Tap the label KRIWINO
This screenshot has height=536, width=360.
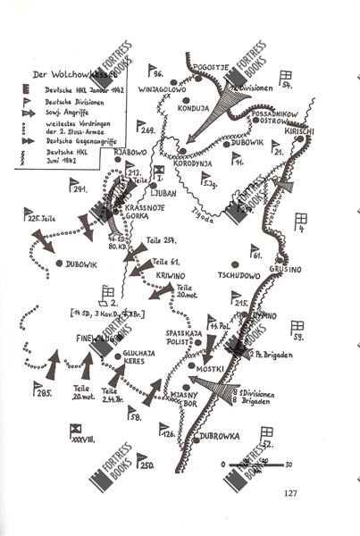pyautogui.click(x=172, y=276)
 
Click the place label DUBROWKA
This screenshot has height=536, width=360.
pyautogui.click(x=221, y=440)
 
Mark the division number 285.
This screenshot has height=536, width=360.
pyautogui.click(x=43, y=394)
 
